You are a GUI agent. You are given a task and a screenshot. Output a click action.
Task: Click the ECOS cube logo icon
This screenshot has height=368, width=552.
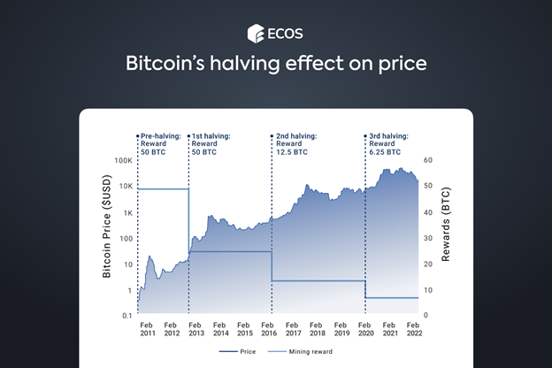pos(254,34)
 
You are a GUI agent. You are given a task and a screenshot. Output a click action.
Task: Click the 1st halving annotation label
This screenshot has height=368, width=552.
pos(211,143)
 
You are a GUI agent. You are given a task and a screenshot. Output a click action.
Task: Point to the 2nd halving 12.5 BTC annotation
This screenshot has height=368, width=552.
pos(293,143)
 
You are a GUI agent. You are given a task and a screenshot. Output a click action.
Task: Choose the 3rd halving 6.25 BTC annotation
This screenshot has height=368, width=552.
pos(388,143)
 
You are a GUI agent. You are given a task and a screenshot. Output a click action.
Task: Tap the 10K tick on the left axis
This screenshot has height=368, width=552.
pos(123,187)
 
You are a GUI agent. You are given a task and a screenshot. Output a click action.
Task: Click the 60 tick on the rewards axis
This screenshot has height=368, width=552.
pos(428,160)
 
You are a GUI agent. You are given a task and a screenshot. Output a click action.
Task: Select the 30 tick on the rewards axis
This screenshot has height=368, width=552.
pos(428,238)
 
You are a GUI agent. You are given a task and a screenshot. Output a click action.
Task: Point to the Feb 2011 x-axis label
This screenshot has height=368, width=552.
pos(149,330)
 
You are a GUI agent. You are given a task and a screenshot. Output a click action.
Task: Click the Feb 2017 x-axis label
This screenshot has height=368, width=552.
pos(293,330)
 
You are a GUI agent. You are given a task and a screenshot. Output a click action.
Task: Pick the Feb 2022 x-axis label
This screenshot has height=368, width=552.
pos(413,330)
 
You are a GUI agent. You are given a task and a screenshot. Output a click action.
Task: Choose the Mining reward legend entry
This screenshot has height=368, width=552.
pos(312,352)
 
